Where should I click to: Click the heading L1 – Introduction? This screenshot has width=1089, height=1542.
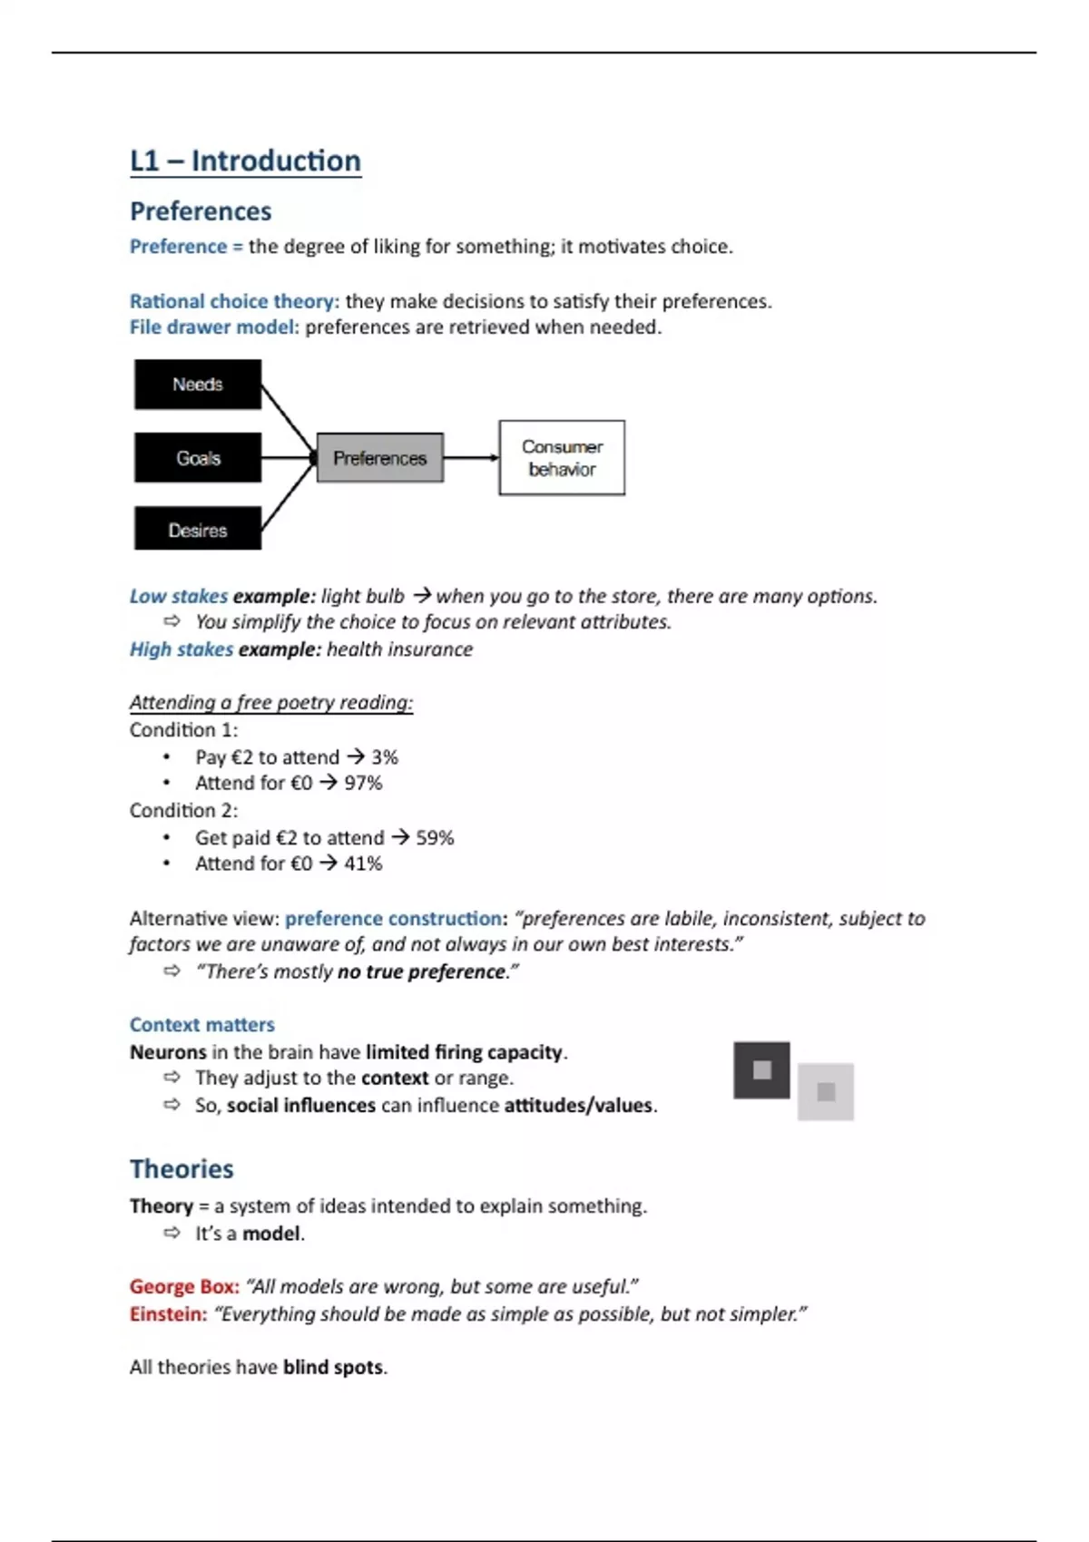(245, 161)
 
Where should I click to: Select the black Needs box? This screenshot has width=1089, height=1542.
(198, 385)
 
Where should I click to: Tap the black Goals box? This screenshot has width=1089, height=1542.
(198, 458)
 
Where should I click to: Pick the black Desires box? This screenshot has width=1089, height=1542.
(198, 530)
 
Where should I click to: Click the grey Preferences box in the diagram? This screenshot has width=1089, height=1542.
(379, 458)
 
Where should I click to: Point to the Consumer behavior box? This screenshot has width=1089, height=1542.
(562, 458)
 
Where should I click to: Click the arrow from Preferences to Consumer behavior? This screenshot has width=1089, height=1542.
(471, 458)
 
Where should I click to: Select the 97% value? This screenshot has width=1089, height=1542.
(363, 783)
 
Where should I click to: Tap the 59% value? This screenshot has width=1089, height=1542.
(435, 837)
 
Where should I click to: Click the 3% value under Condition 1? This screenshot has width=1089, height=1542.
(385, 756)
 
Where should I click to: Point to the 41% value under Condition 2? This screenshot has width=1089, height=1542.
(363, 864)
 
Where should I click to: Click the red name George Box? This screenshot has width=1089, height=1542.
(184, 1286)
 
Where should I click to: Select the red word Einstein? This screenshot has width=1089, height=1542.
(168, 1313)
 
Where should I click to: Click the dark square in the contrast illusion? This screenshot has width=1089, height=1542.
(761, 1070)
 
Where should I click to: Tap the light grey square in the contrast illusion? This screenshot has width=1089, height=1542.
(826, 1092)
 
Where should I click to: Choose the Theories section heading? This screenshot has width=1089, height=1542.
(181, 1168)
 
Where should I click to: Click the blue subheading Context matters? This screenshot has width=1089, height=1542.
(201, 1024)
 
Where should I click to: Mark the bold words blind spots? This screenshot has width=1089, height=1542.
(333, 1367)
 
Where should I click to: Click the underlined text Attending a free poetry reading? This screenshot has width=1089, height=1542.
(270, 702)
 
